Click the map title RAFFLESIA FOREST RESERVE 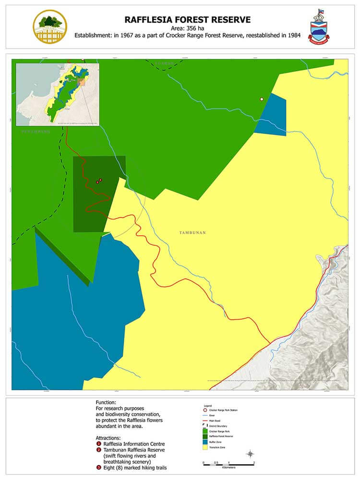tap(188, 20)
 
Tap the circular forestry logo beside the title tap(49, 26)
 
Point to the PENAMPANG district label tap(36, 131)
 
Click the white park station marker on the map tap(262, 99)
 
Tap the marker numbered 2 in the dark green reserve tap(100, 180)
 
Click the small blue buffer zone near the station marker tap(272, 115)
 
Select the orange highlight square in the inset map tap(82, 83)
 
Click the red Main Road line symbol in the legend tap(205, 420)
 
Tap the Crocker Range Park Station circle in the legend tap(205, 410)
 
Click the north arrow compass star tap(250, 454)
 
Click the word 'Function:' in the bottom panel tap(106, 403)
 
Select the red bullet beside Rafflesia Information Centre tap(98, 444)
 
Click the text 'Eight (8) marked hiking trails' tap(132, 468)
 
